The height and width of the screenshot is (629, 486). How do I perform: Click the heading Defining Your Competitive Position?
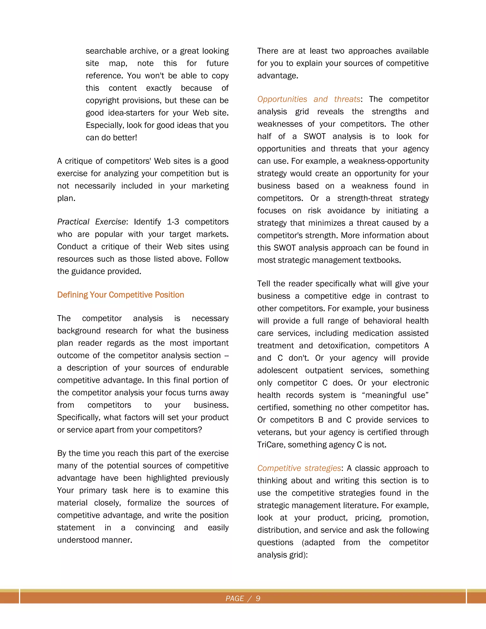[120, 295]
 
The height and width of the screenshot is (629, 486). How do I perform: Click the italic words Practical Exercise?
[91, 222]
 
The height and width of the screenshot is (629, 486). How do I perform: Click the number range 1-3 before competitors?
[173, 222]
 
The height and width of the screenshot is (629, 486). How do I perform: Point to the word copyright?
[103, 100]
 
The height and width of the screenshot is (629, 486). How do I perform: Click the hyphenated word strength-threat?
[364, 198]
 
